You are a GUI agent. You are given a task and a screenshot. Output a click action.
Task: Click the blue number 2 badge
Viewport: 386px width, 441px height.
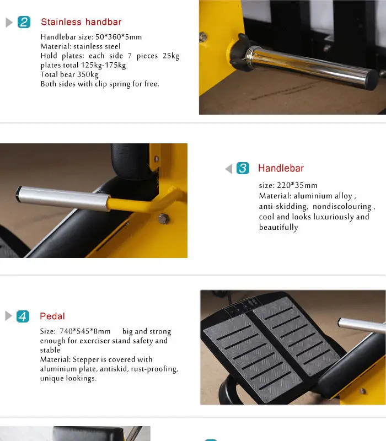pyautogui.click(x=24, y=22)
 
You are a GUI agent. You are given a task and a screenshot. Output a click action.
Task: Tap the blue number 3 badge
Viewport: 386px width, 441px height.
pyautogui.click(x=243, y=168)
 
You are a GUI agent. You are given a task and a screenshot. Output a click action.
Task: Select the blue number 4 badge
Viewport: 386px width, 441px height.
pyautogui.click(x=23, y=316)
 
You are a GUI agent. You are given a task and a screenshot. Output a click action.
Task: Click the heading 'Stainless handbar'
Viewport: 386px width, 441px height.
pyautogui.click(x=81, y=22)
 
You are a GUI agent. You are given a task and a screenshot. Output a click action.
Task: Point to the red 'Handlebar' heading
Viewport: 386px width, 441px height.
pyautogui.click(x=281, y=168)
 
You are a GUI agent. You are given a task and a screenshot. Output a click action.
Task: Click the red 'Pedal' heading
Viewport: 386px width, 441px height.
pyautogui.click(x=52, y=316)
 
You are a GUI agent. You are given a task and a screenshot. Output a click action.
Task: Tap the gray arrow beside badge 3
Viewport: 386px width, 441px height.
pyautogui.click(x=229, y=169)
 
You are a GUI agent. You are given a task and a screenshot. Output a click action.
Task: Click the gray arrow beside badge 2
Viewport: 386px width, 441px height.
pyautogui.click(x=9, y=23)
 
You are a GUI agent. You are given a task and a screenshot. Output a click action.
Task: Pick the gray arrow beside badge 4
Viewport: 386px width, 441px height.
pyautogui.click(x=9, y=316)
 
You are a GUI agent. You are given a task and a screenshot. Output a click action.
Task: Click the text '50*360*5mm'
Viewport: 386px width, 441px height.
pyautogui.click(x=119, y=37)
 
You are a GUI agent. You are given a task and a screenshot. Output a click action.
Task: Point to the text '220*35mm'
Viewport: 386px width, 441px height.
pyautogui.click(x=297, y=185)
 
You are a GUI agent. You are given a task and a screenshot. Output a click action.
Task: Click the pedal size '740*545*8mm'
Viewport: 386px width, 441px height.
pyautogui.click(x=85, y=331)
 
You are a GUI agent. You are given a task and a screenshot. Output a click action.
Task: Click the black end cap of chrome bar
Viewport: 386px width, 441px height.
pyautogui.click(x=372, y=80)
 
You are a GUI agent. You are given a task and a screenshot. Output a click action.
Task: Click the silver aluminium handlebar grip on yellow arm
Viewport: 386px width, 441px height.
pyautogui.click(x=63, y=198)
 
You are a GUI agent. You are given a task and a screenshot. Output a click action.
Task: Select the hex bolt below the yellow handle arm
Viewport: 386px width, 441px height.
pyautogui.click(x=163, y=218)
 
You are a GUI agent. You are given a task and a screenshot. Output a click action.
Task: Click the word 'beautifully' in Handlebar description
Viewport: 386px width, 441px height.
pyautogui.click(x=278, y=227)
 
